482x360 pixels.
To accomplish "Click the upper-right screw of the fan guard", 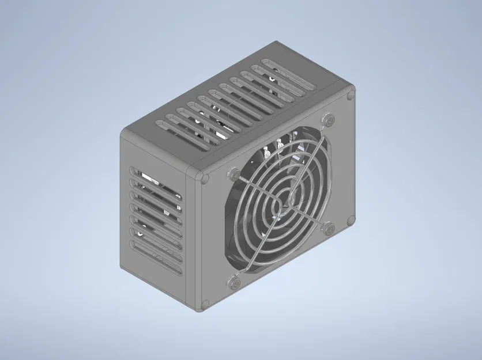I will [x=329, y=120].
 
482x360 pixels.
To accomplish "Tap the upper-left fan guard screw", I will [x=234, y=173].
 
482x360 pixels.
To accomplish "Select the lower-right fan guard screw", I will [x=329, y=228].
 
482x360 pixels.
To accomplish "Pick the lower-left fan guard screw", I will [x=234, y=283].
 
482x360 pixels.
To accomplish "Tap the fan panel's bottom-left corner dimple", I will [x=204, y=304].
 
